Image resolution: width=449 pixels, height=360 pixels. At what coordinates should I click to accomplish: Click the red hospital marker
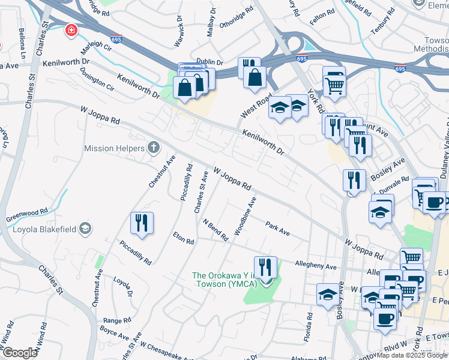point(71,31)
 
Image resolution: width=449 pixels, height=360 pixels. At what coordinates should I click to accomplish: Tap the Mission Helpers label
point(114,148)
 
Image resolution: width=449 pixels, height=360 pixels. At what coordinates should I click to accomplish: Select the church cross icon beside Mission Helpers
point(154,148)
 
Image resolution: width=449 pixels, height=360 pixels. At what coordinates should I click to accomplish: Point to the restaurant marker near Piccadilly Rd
point(142,223)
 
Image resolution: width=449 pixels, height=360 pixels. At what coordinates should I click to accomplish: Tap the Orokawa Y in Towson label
point(223,280)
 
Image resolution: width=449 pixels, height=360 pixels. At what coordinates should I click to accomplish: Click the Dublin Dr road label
point(210,62)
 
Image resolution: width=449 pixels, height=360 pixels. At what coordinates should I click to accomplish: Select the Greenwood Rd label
point(27,212)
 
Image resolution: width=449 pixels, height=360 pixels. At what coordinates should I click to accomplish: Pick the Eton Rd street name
point(184,238)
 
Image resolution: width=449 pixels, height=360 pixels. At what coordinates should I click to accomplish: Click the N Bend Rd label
point(215,230)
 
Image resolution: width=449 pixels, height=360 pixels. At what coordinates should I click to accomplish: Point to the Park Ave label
point(278,228)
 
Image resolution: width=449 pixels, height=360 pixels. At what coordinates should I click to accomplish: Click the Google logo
point(20,353)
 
